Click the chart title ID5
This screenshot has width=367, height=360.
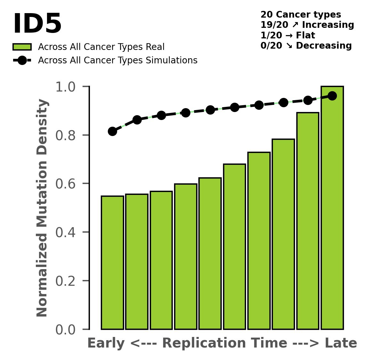point(37,24)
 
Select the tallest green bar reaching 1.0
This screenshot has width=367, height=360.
point(332,208)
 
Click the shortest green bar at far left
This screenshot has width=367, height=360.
point(112,262)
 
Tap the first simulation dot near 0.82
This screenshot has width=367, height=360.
point(112,131)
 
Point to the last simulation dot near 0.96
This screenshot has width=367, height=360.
point(332,96)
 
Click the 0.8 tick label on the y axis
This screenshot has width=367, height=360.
point(66,135)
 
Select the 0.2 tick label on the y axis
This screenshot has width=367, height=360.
point(66,281)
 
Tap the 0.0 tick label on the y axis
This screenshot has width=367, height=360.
point(66,330)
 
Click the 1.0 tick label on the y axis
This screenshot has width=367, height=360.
point(66,87)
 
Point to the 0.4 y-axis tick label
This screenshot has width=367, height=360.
point(66,232)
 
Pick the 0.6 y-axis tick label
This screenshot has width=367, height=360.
point(66,184)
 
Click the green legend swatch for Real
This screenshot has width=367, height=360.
point(22,47)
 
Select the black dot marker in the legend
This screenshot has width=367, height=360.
point(22,60)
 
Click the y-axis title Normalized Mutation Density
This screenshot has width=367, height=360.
point(42,208)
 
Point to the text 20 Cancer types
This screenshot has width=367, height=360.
point(301,15)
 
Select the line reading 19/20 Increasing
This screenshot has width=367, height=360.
point(307,25)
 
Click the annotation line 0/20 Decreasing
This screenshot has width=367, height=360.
point(306,46)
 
